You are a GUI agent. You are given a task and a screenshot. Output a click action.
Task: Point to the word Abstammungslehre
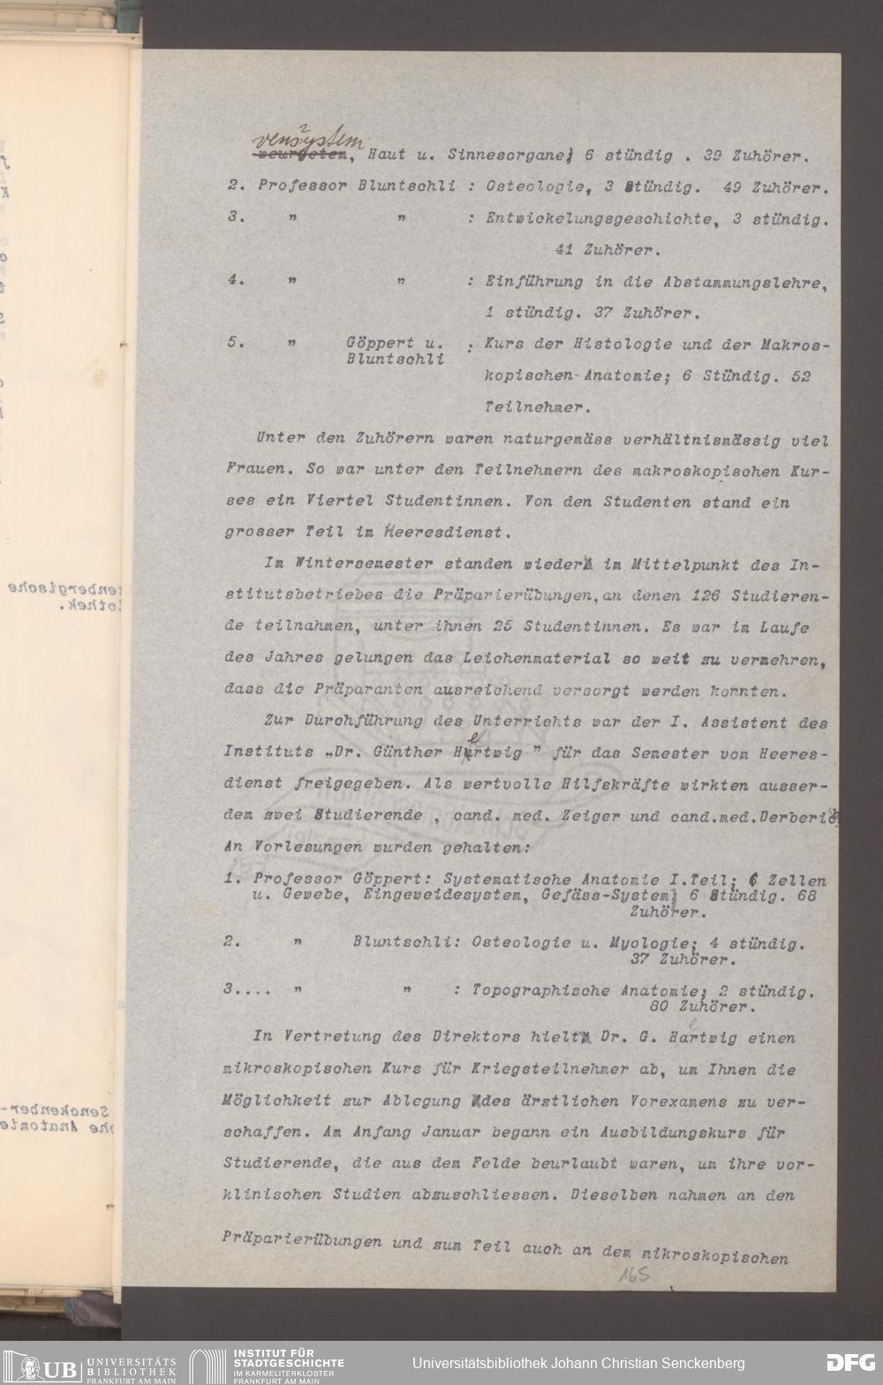(740, 282)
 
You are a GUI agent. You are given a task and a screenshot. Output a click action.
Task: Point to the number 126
(708, 594)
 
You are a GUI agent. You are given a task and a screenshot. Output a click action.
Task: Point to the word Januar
(447, 1132)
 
